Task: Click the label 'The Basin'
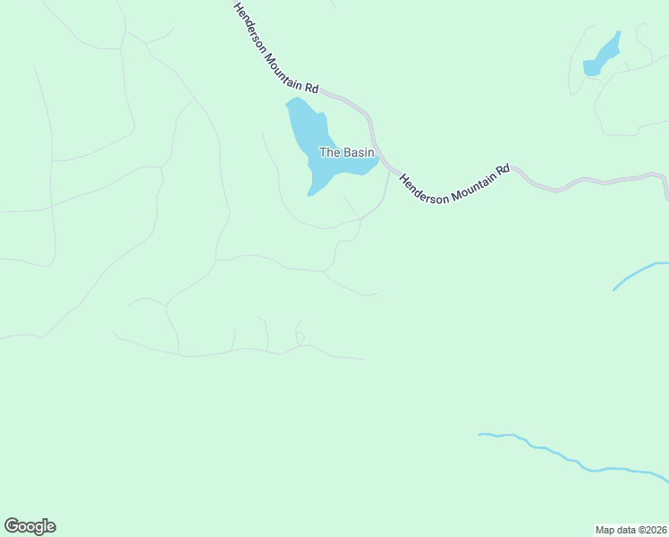346,153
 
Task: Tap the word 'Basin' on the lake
357,153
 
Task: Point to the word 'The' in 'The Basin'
329,153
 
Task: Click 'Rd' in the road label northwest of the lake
311,88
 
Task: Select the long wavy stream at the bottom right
572,458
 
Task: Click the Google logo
30,526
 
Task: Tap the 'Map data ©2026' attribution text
631,529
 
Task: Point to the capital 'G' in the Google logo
12,525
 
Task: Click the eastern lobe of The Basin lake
365,166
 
